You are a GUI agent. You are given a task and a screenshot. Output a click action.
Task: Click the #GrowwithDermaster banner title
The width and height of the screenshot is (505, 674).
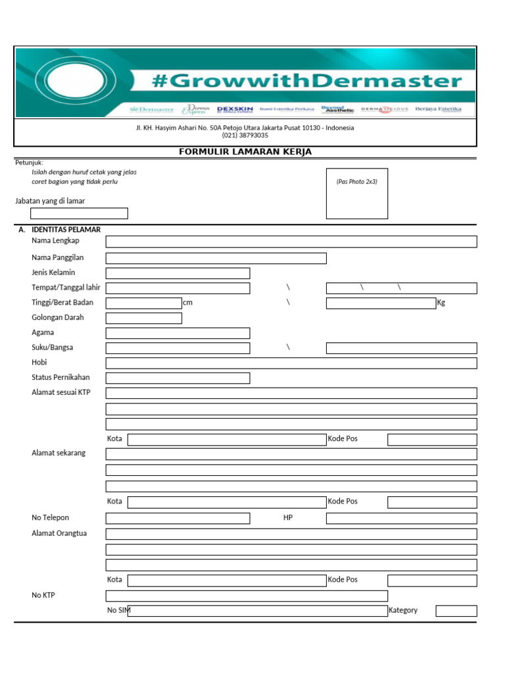pyautogui.click(x=306, y=82)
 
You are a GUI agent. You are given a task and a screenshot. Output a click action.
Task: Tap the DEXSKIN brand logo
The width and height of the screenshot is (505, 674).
pyautogui.click(x=235, y=109)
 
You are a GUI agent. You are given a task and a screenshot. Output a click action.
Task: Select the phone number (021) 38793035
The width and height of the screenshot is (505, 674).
pyautogui.click(x=245, y=136)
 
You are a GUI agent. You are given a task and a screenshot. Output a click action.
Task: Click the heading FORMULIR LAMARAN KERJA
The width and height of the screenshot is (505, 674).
pyautogui.click(x=245, y=152)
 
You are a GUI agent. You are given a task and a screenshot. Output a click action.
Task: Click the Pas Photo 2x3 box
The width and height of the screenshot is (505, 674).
pyautogui.click(x=357, y=194)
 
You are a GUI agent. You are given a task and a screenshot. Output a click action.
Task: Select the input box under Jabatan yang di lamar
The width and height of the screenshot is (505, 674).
pyautogui.click(x=79, y=213)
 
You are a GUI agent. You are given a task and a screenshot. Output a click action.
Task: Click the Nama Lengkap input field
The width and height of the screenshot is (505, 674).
pyautogui.click(x=291, y=242)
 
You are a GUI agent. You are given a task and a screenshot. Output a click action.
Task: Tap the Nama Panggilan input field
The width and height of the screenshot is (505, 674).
pyautogui.click(x=216, y=258)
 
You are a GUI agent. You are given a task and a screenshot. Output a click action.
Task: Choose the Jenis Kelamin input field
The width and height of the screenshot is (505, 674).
pyautogui.click(x=178, y=273)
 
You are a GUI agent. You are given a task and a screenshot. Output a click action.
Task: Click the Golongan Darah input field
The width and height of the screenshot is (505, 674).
pyautogui.click(x=143, y=319)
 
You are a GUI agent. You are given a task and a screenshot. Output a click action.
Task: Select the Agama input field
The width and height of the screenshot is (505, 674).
pyautogui.click(x=178, y=333)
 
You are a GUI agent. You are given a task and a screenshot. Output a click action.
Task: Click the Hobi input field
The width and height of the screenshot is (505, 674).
pyautogui.click(x=291, y=363)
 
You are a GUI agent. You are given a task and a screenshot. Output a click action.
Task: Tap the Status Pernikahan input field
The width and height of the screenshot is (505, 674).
pyautogui.click(x=178, y=378)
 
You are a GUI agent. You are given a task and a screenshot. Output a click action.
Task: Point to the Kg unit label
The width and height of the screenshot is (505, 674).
pyautogui.click(x=441, y=303)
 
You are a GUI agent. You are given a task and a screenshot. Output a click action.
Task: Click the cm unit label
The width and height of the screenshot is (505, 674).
pyautogui.click(x=187, y=303)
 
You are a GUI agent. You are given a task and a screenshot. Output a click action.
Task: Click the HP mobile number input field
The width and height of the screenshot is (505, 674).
pyautogui.click(x=401, y=519)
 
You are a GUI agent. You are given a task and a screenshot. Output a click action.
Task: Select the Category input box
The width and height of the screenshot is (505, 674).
pyautogui.click(x=456, y=611)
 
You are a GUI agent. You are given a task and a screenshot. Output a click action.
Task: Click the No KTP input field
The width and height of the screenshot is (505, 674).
pyautogui.click(x=247, y=596)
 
